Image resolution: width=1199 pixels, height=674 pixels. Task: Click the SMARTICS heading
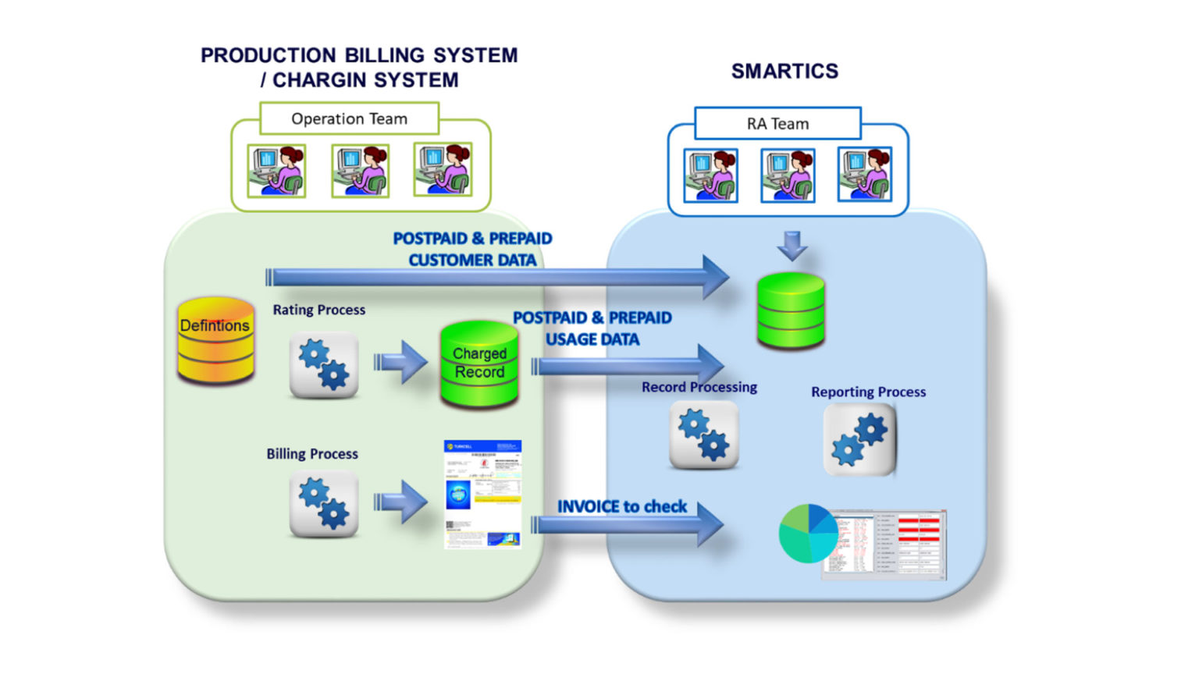click(785, 71)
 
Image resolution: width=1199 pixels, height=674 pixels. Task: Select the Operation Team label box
click(349, 119)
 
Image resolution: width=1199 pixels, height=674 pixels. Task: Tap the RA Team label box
click(777, 123)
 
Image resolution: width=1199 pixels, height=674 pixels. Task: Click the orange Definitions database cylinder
click(215, 341)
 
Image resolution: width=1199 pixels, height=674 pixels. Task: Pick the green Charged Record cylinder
click(479, 364)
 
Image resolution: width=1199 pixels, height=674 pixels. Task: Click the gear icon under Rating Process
click(324, 365)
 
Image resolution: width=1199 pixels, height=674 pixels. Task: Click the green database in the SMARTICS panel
click(791, 310)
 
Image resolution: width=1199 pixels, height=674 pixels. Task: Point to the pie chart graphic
click(808, 534)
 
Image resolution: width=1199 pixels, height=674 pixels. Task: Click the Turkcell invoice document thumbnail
click(482, 495)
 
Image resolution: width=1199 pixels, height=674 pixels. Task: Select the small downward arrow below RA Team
click(792, 245)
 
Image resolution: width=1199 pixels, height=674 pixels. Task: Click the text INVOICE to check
click(622, 506)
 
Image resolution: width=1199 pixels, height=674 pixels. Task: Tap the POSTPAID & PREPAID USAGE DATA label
click(592, 328)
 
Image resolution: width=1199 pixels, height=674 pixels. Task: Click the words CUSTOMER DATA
click(472, 260)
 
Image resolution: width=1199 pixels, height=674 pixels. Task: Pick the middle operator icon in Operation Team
click(360, 170)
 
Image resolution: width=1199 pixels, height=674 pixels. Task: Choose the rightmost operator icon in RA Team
click(864, 175)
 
